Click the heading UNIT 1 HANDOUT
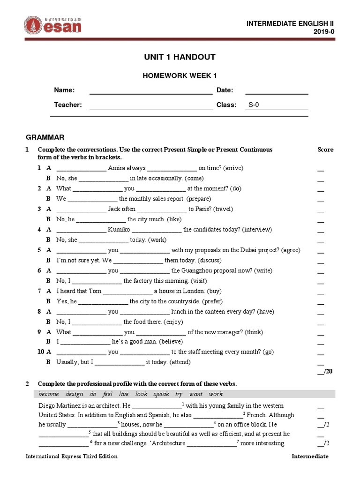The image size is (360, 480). click(180, 57)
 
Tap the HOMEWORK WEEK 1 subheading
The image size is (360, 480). click(180, 76)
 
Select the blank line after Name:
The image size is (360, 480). click(150, 91)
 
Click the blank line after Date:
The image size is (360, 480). click(277, 91)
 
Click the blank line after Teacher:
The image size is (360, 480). click(150, 105)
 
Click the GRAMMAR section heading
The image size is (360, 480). click(45, 137)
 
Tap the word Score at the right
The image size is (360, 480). click(325, 150)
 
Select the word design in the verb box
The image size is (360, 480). click(74, 394)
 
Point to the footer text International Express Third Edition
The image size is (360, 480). click(71, 457)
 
